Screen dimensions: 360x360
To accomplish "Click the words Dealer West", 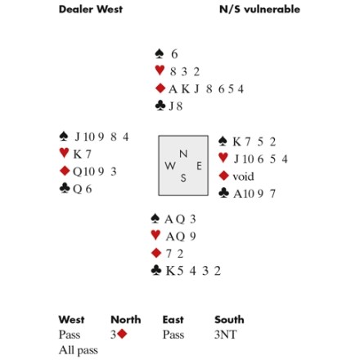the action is (x=91, y=9).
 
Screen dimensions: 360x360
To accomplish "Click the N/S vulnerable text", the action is (x=259, y=9).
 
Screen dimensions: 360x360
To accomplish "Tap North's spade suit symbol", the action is (x=160, y=54).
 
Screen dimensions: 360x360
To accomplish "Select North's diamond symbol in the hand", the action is (x=160, y=88).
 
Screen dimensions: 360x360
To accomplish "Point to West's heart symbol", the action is (x=64, y=153).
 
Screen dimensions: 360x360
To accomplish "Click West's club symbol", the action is (x=65, y=188).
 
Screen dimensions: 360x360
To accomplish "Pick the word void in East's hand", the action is (x=243, y=177).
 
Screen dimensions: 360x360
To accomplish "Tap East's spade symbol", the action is (x=223, y=141).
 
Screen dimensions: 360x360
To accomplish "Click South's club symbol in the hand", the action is (x=156, y=270).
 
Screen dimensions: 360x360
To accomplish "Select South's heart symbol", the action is (x=155, y=235).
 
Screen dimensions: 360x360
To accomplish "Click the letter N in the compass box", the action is (x=183, y=154).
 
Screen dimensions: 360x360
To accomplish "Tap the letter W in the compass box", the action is (x=170, y=165).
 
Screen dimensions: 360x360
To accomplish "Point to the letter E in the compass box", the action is (x=200, y=166).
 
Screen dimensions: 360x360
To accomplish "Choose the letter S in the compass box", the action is (x=183, y=178).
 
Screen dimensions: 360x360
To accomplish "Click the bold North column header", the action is (x=126, y=320).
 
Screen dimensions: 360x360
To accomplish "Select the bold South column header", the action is (x=229, y=320).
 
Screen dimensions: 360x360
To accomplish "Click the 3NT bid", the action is (x=225, y=335).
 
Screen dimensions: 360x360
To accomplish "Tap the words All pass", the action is (x=79, y=350).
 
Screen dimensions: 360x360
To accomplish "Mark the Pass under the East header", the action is (x=173, y=335).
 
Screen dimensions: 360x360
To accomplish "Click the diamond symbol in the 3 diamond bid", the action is (x=122, y=334).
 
